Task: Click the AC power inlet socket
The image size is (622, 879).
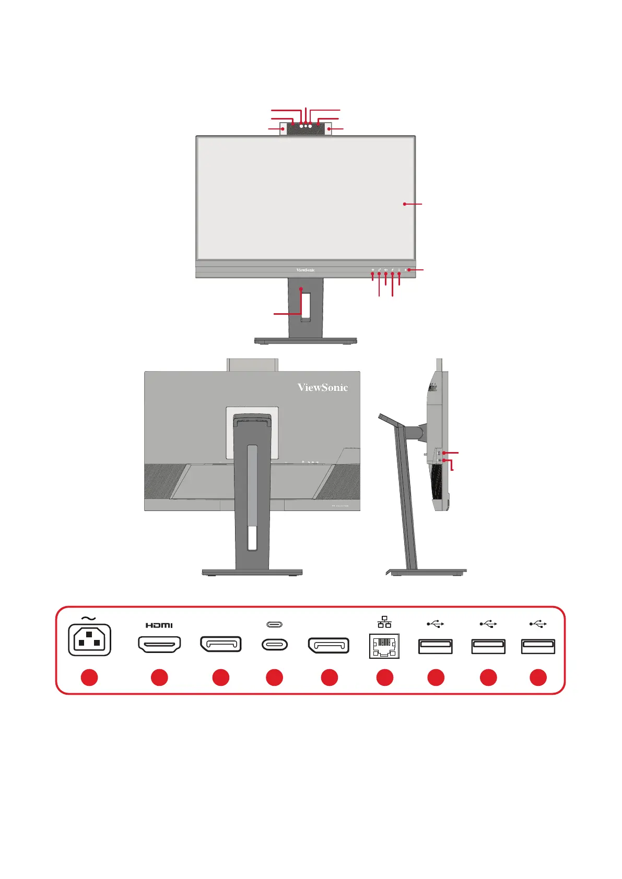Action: pos(89,639)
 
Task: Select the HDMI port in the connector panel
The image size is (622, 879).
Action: pos(159,644)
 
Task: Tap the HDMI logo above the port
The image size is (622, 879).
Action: pos(159,625)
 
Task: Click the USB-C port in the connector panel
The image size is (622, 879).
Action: pos(274,645)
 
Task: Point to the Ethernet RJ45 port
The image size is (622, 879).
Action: pos(384,646)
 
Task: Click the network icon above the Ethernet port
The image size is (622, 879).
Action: pos(384,622)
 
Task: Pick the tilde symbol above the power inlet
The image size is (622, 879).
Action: pos(89,619)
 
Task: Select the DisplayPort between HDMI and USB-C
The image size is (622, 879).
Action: pos(221,644)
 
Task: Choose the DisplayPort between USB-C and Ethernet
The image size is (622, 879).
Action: pos(328,645)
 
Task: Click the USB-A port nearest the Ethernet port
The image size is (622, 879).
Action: pos(436,646)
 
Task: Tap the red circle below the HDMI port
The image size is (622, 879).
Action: pos(159,678)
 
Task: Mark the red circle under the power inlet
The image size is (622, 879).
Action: pos(89,678)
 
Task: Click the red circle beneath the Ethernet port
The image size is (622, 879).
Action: pos(385,678)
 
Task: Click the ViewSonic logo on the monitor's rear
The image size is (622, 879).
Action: pos(323,387)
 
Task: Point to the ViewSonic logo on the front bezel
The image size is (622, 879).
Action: pos(306,270)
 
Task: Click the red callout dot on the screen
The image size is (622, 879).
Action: pos(405,204)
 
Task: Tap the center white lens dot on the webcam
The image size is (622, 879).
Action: pos(306,125)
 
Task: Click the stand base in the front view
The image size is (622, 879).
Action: pos(306,341)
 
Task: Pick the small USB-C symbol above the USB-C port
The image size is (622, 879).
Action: pos(274,624)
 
